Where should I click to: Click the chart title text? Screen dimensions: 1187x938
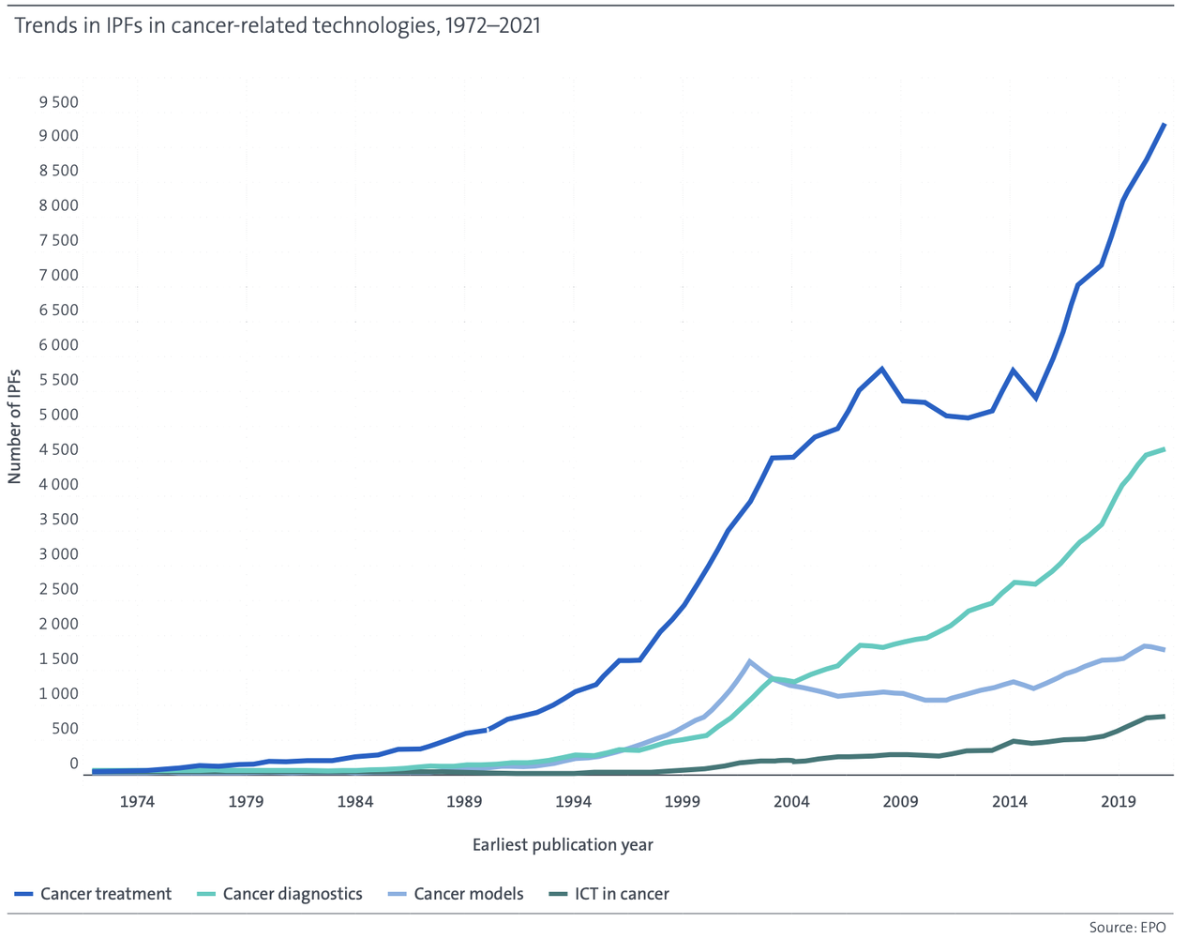click(x=278, y=26)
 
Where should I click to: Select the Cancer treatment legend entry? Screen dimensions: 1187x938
click(x=93, y=893)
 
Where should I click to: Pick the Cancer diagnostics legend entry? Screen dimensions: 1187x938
click(x=279, y=893)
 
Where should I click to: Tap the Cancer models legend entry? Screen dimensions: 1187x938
click(x=456, y=893)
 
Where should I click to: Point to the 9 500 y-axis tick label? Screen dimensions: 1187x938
click(x=58, y=102)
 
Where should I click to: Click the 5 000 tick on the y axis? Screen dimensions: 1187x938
click(x=58, y=415)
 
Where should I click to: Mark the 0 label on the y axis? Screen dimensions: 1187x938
click(x=74, y=764)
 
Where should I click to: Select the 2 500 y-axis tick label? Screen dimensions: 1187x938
click(x=58, y=589)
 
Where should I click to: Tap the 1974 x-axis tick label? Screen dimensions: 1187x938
click(x=137, y=801)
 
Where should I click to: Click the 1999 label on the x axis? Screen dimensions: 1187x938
click(x=683, y=801)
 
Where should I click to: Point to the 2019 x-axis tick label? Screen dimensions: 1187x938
click(x=1119, y=801)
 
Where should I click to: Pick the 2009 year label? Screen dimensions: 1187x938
click(x=900, y=801)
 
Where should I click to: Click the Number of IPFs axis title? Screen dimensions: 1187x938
click(x=14, y=427)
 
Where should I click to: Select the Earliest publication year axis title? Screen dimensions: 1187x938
click(x=563, y=845)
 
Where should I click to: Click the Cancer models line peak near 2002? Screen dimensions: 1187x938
click(x=749, y=661)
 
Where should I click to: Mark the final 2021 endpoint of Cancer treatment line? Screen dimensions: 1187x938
click(x=1164, y=125)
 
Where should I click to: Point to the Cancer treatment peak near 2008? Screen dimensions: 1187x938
click(x=881, y=369)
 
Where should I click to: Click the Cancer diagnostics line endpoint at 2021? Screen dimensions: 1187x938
click(x=1164, y=449)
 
